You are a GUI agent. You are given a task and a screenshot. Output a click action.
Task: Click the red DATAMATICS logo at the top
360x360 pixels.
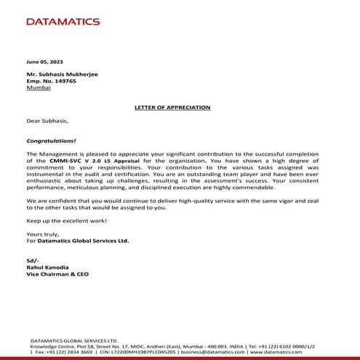63,21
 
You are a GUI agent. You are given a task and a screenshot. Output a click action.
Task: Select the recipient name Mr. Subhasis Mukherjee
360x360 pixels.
60,73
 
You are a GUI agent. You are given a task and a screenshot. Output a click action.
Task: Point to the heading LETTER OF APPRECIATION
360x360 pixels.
172,107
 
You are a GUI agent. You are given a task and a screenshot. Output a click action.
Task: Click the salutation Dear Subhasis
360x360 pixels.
47,121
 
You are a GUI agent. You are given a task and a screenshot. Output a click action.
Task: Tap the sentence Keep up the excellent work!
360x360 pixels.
66,220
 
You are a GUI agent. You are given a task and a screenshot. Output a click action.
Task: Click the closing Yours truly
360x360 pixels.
41,233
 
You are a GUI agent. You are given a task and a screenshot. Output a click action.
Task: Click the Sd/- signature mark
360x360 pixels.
32,260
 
